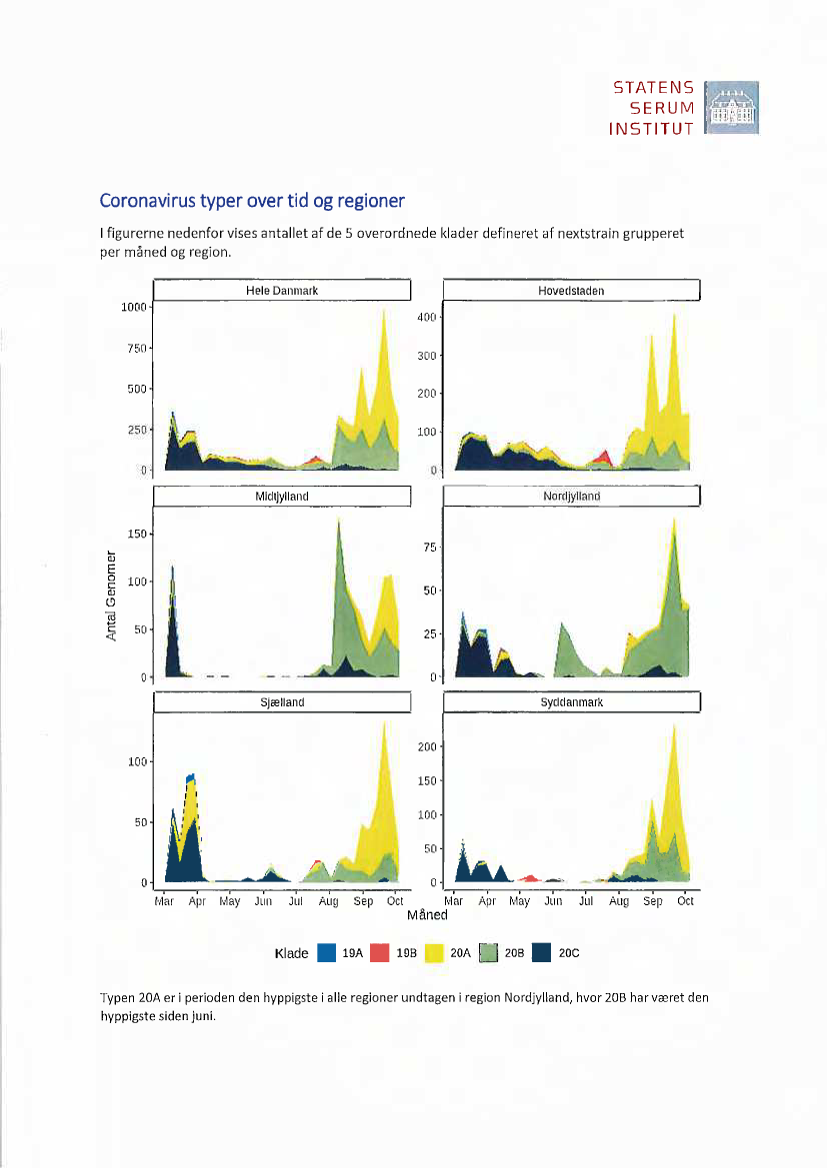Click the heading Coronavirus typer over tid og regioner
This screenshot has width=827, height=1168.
251,201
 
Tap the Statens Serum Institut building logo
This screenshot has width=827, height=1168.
732,108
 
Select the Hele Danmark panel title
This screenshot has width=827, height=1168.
282,291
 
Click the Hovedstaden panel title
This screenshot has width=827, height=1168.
571,291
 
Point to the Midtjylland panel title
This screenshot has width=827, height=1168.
282,496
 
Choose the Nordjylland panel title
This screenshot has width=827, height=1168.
571,496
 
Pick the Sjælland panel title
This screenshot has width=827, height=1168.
282,702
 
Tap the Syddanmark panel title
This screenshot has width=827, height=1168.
571,702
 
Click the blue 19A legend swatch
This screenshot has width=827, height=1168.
326,953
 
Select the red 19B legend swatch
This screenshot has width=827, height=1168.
380,953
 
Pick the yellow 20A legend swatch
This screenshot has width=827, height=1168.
434,953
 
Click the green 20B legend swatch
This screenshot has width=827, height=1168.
488,953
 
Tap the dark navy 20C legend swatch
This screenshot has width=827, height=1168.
542,953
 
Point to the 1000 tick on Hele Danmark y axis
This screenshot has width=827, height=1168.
134,307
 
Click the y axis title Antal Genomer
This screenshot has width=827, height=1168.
113,596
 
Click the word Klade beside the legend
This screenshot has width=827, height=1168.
291,953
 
